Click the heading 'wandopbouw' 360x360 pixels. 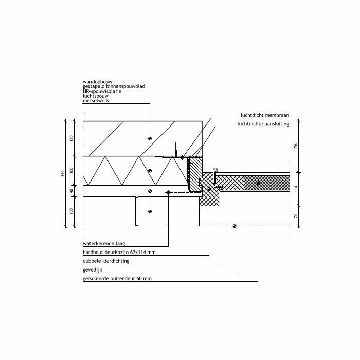tap(98, 81)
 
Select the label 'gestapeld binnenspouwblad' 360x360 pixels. tap(114, 86)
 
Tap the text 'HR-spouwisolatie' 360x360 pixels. tap(102, 91)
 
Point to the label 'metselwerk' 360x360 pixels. tap(96, 101)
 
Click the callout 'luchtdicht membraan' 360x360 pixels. tap(265, 115)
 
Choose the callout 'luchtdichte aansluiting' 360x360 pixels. tap(263, 124)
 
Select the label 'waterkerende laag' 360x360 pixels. tap(104, 243)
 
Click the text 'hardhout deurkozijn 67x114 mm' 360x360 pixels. tap(119, 252)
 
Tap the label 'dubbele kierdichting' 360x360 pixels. tap(106, 261)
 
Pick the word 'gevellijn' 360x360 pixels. tap(93, 270)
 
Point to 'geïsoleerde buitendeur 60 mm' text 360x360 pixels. tap(117, 279)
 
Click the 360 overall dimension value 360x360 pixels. tap(62, 174)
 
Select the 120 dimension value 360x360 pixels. tap(71, 138)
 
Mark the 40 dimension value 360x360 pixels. tap(71, 191)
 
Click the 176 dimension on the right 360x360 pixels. tap(296, 147)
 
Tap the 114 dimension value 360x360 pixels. tap(296, 189)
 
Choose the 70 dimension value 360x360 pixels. tap(296, 216)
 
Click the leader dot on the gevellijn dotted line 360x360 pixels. tap(235, 226)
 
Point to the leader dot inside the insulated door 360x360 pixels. tap(258, 183)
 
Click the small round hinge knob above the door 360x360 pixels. tap(215, 170)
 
